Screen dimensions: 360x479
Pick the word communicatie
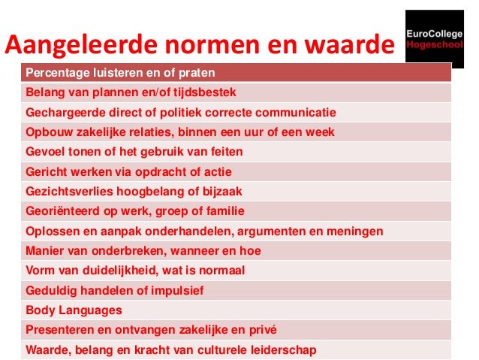295,113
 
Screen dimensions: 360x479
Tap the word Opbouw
46,132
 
